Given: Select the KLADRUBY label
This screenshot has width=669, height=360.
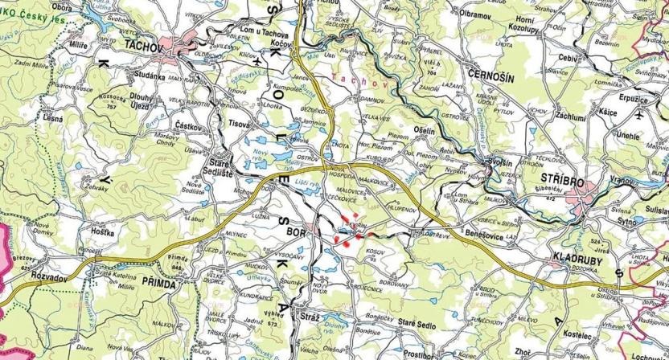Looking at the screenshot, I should point(577,260).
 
